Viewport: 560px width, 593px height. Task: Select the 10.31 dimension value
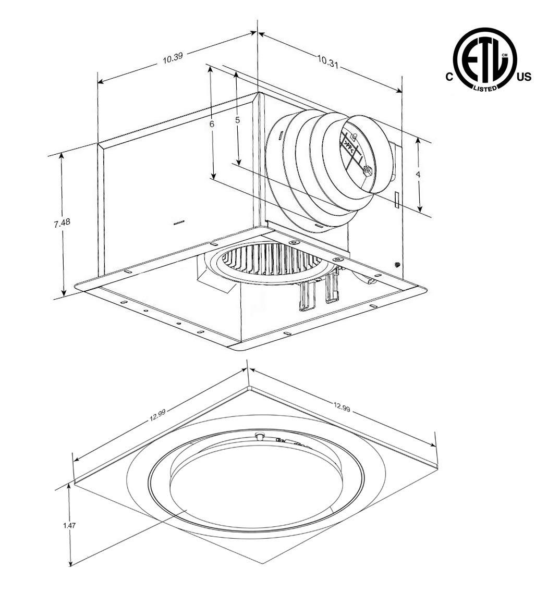point(327,61)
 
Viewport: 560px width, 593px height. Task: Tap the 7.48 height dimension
point(62,223)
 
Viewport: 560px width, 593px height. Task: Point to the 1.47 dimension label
point(69,525)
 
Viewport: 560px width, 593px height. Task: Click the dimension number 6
point(212,123)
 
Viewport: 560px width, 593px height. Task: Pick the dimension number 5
point(237,120)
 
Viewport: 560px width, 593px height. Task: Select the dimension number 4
point(418,175)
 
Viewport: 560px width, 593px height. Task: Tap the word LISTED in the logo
point(485,88)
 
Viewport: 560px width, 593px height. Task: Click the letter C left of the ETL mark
point(449,77)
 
